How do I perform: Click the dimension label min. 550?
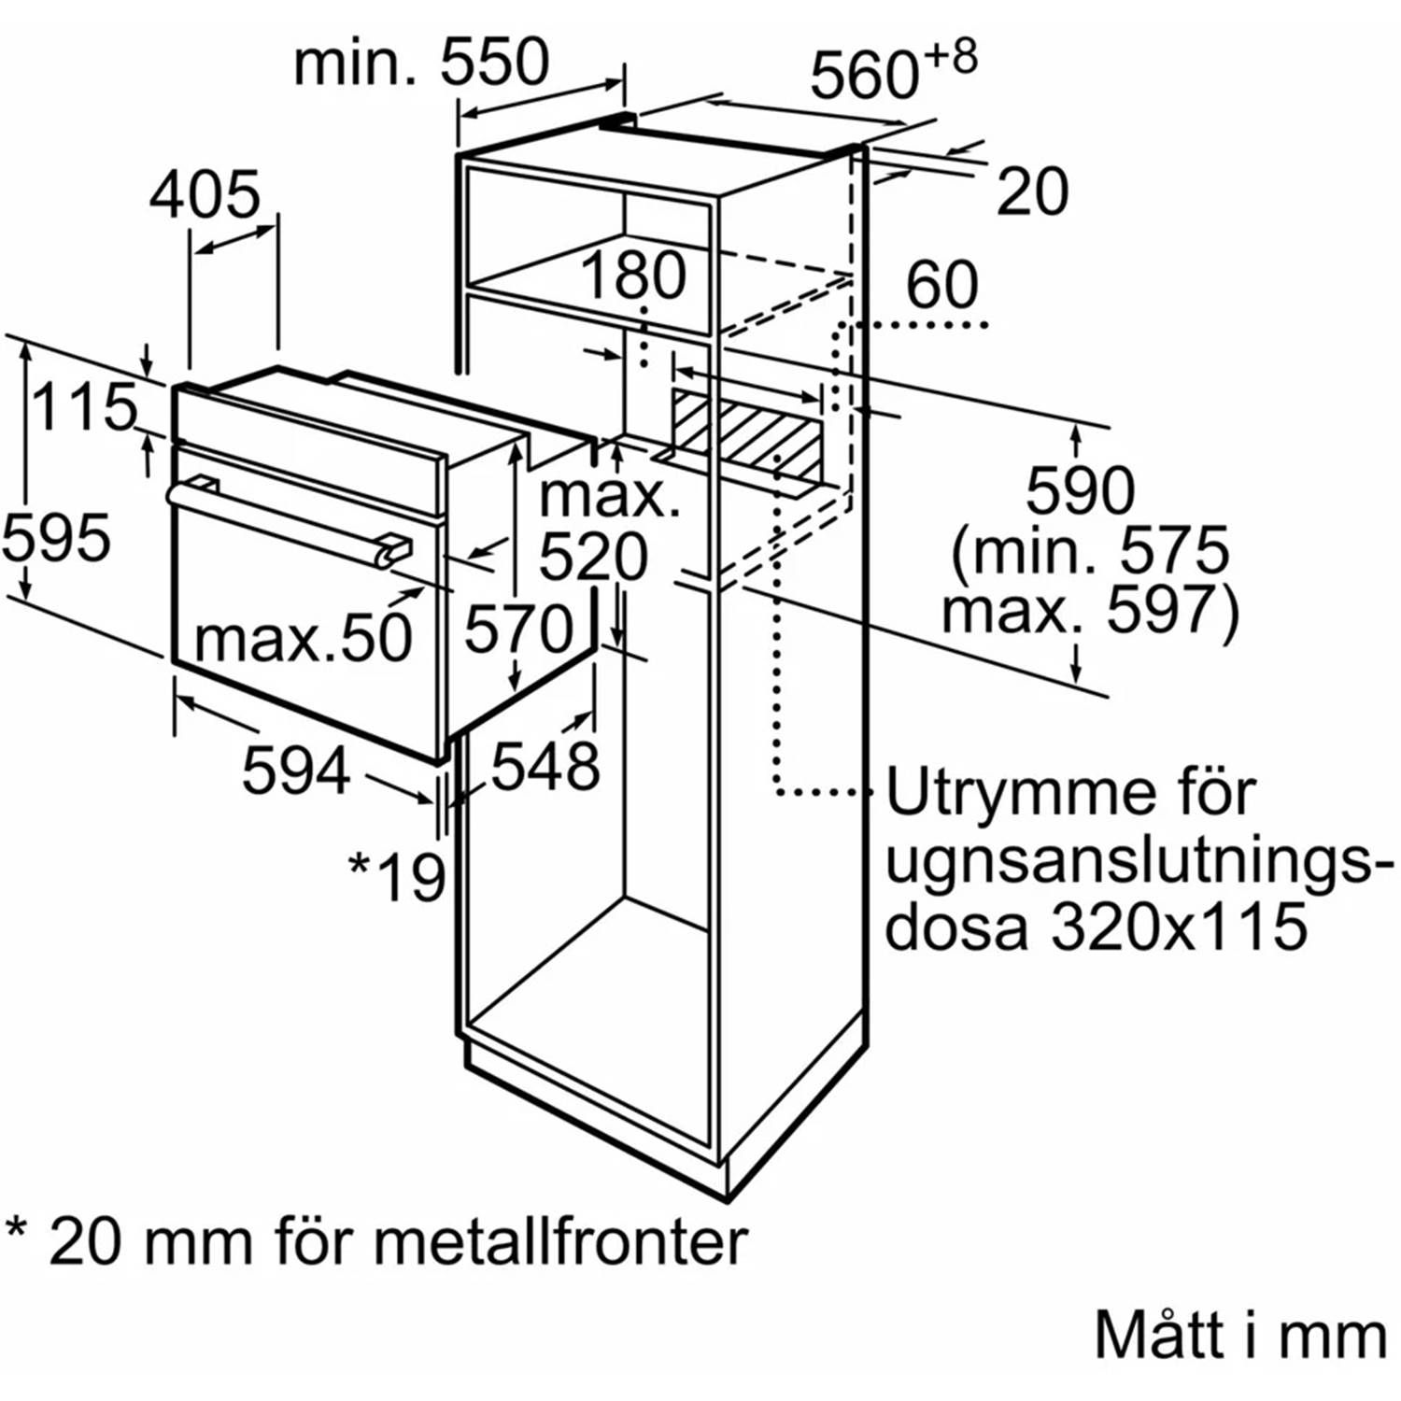(x=421, y=64)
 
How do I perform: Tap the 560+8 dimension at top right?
(x=892, y=71)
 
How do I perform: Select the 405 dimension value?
(x=205, y=195)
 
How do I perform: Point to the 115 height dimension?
(x=84, y=407)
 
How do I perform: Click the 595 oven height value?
(x=56, y=539)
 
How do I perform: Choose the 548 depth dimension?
(x=545, y=767)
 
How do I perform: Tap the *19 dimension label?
(x=397, y=876)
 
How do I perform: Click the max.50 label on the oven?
(x=303, y=640)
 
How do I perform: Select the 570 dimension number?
(x=518, y=628)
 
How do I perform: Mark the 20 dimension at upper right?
(x=1032, y=192)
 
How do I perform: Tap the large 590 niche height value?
(x=1081, y=489)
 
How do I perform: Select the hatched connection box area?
(x=747, y=432)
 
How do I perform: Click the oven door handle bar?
(x=280, y=523)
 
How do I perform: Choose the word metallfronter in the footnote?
(x=560, y=1242)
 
